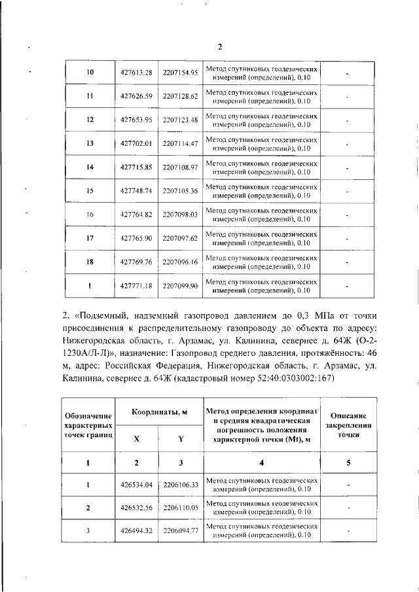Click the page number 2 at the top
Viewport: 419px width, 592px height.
click(x=220, y=46)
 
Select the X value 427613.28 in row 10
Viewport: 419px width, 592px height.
click(x=136, y=73)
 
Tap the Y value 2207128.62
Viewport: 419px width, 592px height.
click(x=180, y=96)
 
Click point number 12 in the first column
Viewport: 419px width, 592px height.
click(x=90, y=120)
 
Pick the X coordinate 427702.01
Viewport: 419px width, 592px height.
click(x=136, y=143)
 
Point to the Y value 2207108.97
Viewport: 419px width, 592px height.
click(x=180, y=167)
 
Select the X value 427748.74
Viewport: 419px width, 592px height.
click(x=136, y=191)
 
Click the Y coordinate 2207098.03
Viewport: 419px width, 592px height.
click(x=180, y=215)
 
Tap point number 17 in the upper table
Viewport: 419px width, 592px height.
click(x=90, y=238)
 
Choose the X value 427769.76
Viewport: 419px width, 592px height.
click(x=136, y=262)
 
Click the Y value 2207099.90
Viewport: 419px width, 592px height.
click(x=180, y=286)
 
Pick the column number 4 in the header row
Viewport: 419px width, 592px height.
click(x=262, y=463)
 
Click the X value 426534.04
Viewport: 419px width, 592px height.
click(x=136, y=485)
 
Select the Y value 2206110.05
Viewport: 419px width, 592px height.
click(x=180, y=508)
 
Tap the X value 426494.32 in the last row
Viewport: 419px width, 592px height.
click(x=136, y=531)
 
